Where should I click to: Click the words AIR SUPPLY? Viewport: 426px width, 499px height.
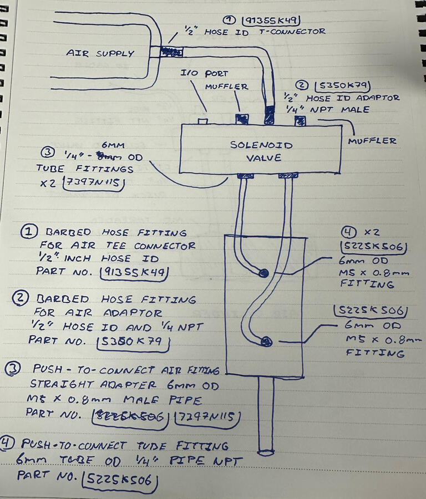point(100,54)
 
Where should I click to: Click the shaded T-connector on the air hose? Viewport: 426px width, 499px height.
point(173,51)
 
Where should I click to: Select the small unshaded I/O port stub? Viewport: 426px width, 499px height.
point(204,120)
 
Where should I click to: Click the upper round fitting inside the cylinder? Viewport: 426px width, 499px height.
point(264,272)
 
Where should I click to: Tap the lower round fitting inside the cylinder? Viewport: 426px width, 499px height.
point(266,342)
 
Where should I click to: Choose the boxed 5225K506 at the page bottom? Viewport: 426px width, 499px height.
point(117,480)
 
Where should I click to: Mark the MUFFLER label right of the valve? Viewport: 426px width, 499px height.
point(373,140)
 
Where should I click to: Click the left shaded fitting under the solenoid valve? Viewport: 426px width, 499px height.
point(244,176)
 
